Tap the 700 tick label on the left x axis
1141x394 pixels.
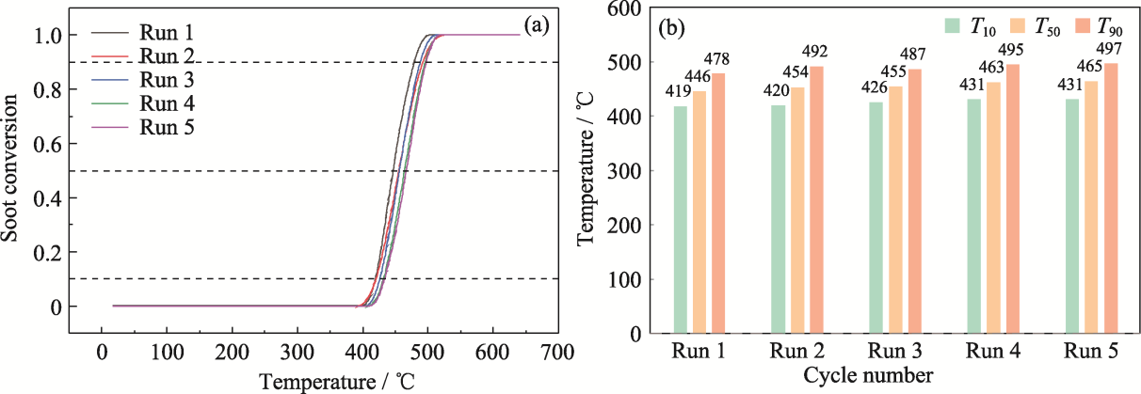558,352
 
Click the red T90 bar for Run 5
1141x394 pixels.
1113,198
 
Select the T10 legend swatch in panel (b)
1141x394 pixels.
953,25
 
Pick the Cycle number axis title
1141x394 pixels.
868,375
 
